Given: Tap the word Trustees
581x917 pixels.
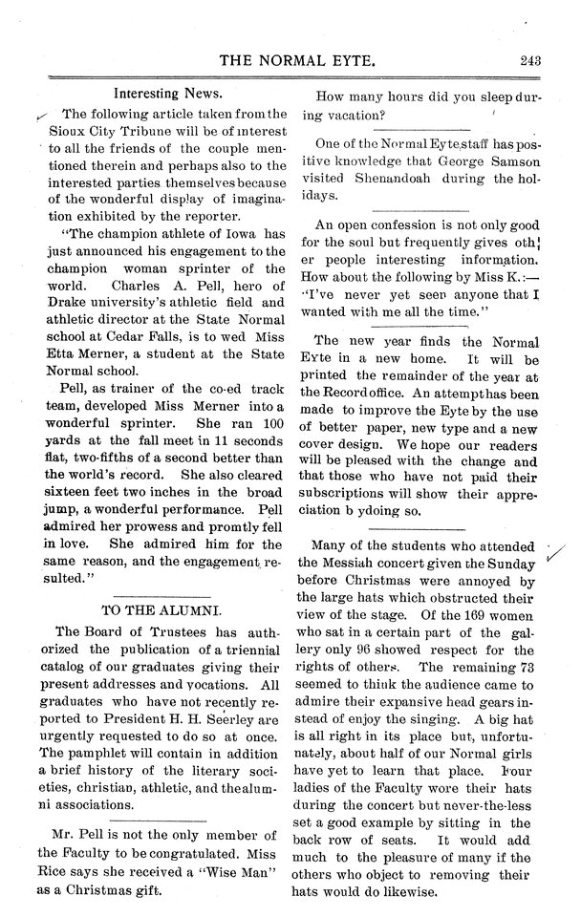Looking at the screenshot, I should [x=165, y=631].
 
